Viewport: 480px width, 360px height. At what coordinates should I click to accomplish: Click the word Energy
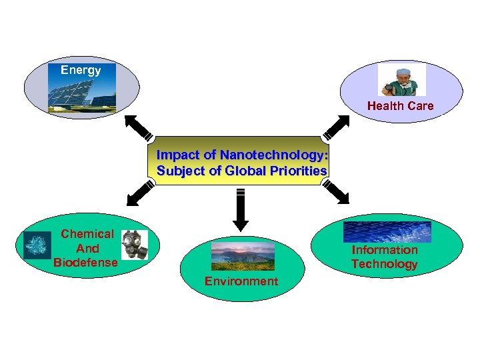81,70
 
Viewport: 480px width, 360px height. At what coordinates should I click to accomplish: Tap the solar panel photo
82,93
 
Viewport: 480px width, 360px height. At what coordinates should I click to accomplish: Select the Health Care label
400,105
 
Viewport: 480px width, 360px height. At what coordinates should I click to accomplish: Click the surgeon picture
402,80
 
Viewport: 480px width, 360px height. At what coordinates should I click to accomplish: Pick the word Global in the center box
246,170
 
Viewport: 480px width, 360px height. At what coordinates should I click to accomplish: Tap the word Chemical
87,234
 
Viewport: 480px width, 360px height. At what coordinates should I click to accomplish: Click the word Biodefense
85,262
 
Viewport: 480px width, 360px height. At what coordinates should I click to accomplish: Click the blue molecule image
37,245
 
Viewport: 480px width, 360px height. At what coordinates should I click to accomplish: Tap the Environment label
241,281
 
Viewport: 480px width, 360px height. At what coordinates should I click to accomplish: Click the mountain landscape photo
242,256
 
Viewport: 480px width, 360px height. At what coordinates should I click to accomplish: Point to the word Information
385,250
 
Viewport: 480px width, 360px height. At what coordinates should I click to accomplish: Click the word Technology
385,264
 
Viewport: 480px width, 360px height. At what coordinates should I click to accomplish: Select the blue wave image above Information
387,231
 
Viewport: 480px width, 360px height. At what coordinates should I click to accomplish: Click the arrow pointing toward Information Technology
336,191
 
